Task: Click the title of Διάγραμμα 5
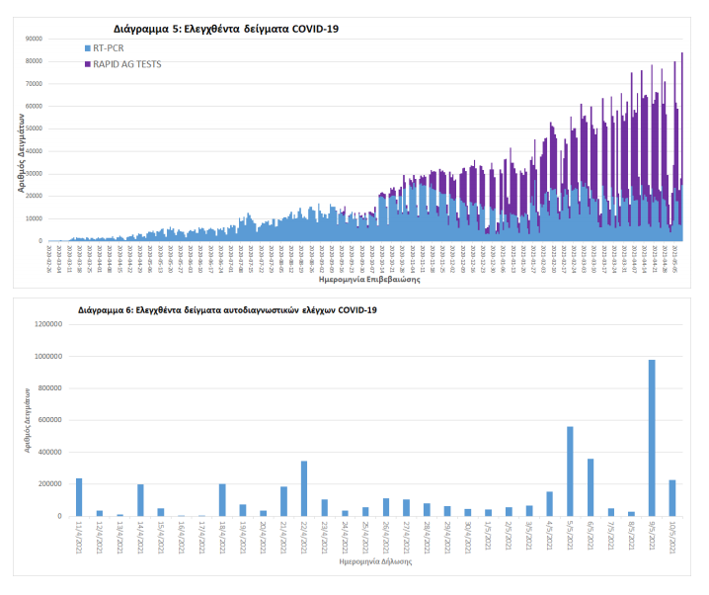point(227,29)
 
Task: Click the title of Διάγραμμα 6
point(227,309)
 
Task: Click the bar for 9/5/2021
point(652,438)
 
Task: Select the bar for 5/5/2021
point(570,471)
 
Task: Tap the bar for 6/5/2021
point(591,487)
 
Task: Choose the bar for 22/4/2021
point(303,488)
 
